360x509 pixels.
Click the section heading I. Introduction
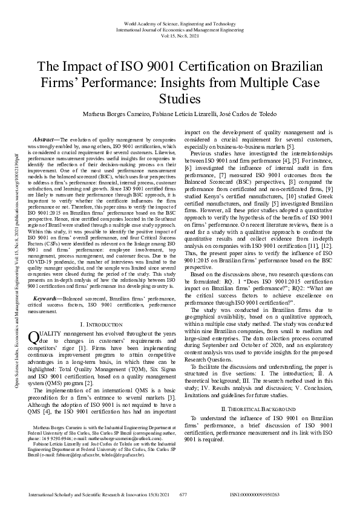pyautogui.click(x=100, y=325)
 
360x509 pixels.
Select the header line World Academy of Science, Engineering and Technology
pyautogui.click(x=180, y=22)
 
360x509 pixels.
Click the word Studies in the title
pyautogui.click(x=180, y=97)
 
